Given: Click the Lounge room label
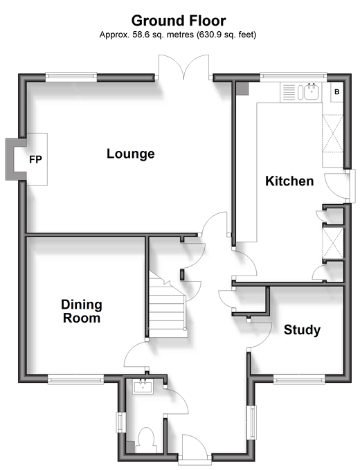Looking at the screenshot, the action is click(x=131, y=154).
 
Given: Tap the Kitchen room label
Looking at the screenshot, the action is click(x=289, y=181).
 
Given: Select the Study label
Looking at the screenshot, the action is click(x=302, y=329).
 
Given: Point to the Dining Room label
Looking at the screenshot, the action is click(x=82, y=311).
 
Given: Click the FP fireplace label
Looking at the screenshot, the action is click(x=35, y=159).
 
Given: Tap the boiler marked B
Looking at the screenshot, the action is click(x=337, y=92).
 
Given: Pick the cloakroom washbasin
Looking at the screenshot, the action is click(x=143, y=386).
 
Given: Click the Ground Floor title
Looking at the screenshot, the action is click(x=179, y=21).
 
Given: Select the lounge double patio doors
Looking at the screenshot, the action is click(x=183, y=67).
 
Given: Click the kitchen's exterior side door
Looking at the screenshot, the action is click(x=339, y=186).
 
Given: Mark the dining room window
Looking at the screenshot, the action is click(x=76, y=379).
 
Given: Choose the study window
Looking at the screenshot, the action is click(x=299, y=380).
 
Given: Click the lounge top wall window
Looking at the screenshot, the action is click(x=71, y=77).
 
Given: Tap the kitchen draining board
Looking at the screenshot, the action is click(x=289, y=92).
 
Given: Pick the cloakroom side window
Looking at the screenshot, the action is click(x=120, y=422).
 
